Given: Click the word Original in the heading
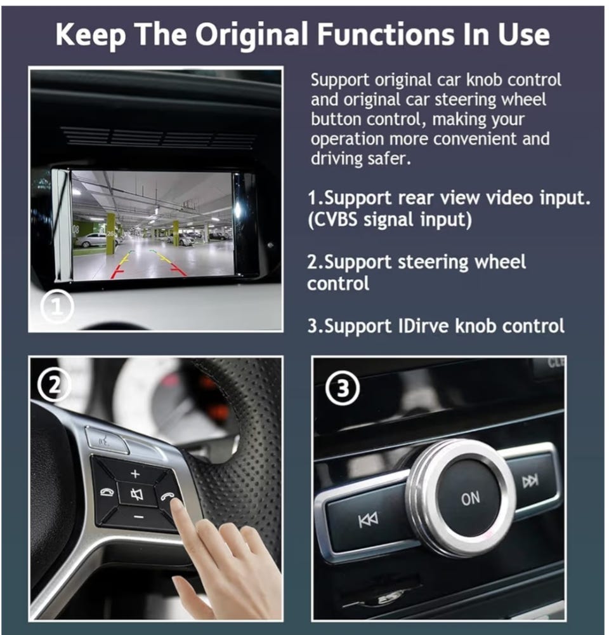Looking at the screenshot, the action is tap(252, 34).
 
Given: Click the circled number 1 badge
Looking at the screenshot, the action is tap(58, 307).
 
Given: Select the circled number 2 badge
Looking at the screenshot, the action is tap(54, 385).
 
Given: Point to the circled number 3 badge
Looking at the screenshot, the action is tap(343, 389).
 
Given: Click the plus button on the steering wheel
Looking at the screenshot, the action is tap(136, 474).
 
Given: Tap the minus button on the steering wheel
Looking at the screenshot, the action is tap(138, 517).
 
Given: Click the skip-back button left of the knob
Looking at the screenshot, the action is tap(368, 520).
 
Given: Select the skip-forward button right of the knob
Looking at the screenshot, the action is tap(530, 481).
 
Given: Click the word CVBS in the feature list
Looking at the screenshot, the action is tap(332, 220).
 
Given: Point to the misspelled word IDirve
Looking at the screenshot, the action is tap(424, 326).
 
